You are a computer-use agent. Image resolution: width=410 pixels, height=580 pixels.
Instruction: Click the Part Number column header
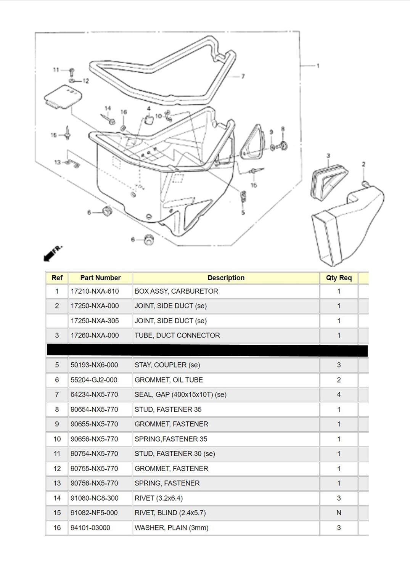(100, 278)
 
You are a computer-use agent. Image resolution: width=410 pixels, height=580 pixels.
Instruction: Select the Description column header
(226, 278)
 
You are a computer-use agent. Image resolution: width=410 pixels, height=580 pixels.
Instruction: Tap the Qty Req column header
(339, 278)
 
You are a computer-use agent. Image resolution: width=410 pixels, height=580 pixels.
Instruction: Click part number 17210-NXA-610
(95, 291)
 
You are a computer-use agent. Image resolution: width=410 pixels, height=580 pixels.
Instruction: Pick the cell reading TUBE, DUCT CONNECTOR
(177, 336)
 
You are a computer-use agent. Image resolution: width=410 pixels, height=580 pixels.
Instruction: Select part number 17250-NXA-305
(95, 321)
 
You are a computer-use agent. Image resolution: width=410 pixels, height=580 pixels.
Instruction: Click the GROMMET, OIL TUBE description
(169, 380)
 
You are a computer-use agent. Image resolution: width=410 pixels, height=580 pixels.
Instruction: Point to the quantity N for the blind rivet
(339, 513)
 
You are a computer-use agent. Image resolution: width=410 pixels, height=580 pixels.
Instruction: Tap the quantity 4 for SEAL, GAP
(339, 395)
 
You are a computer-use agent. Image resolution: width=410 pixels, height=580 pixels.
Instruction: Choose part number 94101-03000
(90, 528)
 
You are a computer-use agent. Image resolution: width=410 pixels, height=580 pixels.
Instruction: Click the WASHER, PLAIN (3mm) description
(171, 528)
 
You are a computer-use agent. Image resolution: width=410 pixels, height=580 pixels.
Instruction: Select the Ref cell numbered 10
(57, 439)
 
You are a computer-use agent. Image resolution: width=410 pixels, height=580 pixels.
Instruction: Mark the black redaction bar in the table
(207, 350)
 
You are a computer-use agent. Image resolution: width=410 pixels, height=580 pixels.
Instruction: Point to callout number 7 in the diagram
(243, 76)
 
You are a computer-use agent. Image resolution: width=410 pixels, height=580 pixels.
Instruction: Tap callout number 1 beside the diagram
(318, 66)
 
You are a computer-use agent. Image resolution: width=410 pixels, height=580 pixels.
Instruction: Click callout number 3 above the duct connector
(328, 156)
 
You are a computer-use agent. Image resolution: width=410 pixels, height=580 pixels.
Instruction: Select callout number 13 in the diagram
(57, 162)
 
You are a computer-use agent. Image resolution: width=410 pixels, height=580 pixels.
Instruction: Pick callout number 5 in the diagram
(243, 212)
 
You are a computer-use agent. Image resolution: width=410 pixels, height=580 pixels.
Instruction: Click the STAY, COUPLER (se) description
(167, 365)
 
